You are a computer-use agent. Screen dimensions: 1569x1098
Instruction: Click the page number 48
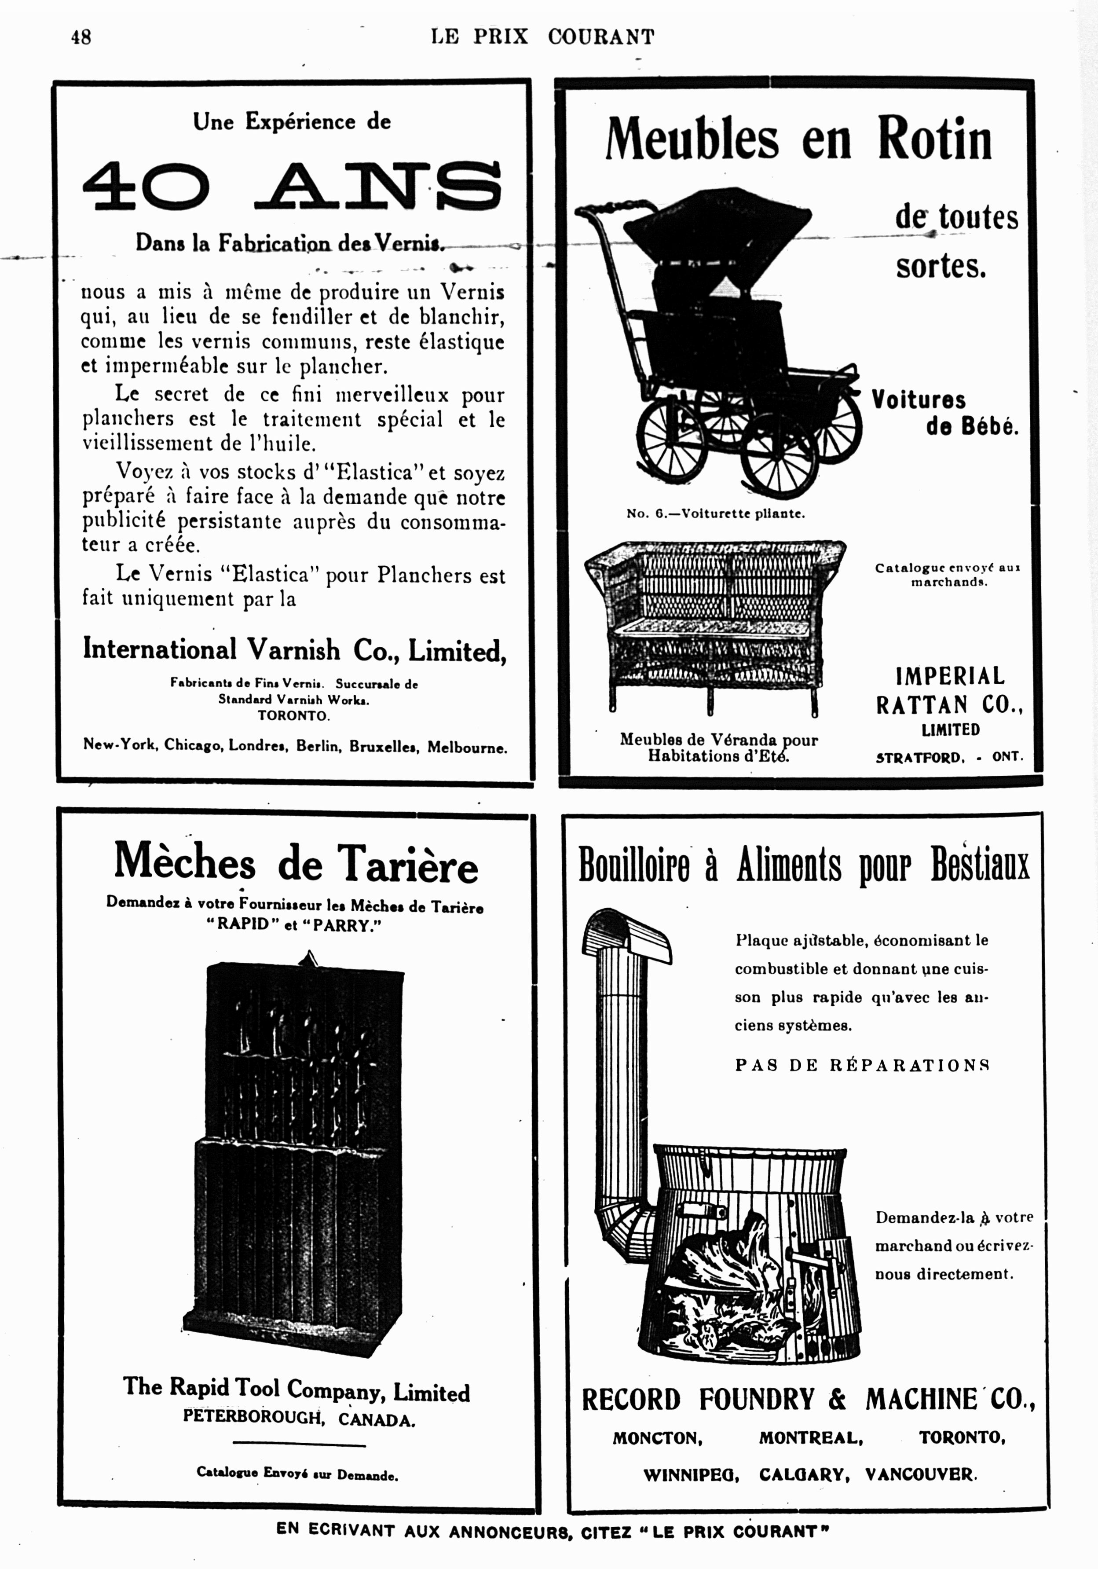coord(81,37)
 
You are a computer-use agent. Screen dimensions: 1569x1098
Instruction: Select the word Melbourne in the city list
coord(467,747)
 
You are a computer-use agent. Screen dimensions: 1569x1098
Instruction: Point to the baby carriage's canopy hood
coord(717,222)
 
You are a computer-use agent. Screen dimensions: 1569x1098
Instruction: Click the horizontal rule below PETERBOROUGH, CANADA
coord(299,1444)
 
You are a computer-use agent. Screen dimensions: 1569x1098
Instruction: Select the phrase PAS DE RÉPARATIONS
coord(862,1065)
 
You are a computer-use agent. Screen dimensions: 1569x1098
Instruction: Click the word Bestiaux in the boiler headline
coord(979,865)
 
